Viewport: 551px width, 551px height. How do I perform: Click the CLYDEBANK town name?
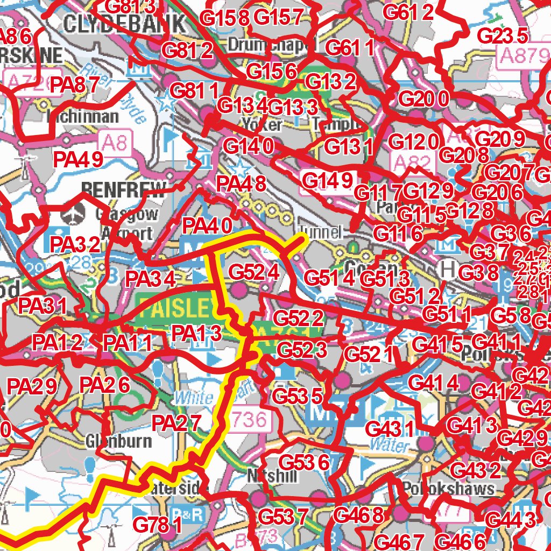124,24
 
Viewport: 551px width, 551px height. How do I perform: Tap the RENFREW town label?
124,188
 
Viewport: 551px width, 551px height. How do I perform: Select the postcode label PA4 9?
77,159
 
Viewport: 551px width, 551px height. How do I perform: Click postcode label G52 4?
253,272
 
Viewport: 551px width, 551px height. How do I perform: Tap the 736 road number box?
250,420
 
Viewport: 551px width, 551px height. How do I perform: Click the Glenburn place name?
118,441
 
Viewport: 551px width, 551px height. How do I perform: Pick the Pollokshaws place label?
448,489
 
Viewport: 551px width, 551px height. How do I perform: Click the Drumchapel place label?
269,46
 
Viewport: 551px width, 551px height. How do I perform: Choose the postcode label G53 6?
304,462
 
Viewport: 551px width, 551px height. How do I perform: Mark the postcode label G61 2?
408,12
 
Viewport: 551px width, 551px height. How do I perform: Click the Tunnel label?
321,232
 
